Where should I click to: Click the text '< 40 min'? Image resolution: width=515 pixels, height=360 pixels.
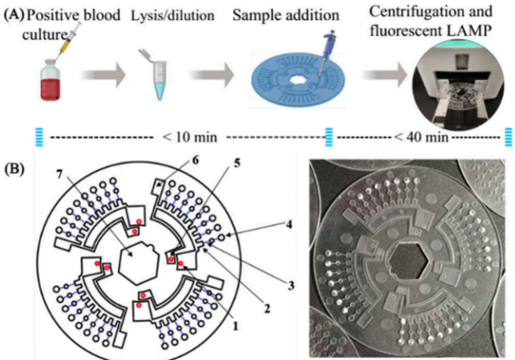[422, 137]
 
